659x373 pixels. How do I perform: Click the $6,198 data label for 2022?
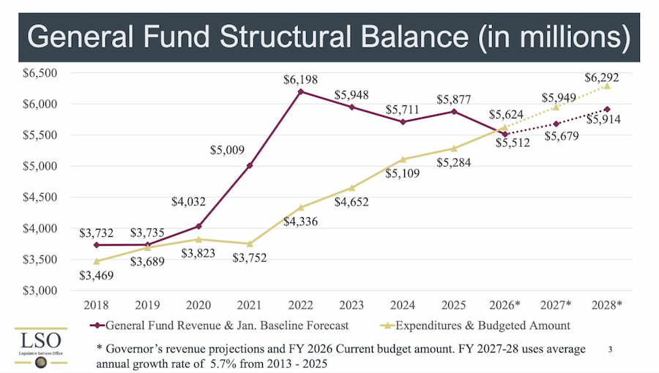pos(300,79)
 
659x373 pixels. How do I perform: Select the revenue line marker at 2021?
pos(250,165)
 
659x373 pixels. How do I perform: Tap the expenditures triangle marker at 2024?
pos(402,159)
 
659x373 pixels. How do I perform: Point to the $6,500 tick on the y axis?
pos(41,73)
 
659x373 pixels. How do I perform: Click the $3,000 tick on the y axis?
pos(41,290)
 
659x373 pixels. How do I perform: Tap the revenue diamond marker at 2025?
pos(453,111)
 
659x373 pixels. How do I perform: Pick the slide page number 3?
pos(610,350)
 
